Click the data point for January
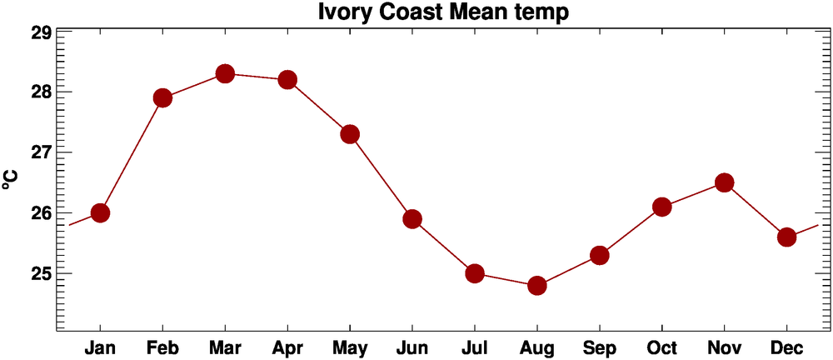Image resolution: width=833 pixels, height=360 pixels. [100, 212]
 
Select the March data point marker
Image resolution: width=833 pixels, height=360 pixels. [225, 73]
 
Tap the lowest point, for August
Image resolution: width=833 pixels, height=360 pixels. [537, 286]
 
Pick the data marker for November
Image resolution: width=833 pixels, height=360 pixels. [724, 182]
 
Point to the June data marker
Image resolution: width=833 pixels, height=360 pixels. [412, 219]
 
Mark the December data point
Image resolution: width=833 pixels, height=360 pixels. [786, 237]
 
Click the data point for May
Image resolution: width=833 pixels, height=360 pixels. [350, 134]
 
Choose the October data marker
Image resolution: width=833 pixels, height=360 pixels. [662, 207]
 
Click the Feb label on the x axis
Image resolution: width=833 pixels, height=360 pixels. [162, 347]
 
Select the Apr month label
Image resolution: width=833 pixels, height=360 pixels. [287, 347]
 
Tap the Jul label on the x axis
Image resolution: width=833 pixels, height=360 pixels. [475, 347]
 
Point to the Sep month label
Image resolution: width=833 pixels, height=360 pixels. [600, 347]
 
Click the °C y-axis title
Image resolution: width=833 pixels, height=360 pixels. [11, 179]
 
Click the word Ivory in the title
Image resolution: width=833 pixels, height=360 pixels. [344, 12]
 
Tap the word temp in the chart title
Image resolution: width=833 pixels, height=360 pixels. [543, 12]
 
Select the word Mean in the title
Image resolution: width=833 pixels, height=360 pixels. [474, 12]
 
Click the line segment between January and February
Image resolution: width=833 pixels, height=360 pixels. [131, 155]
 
